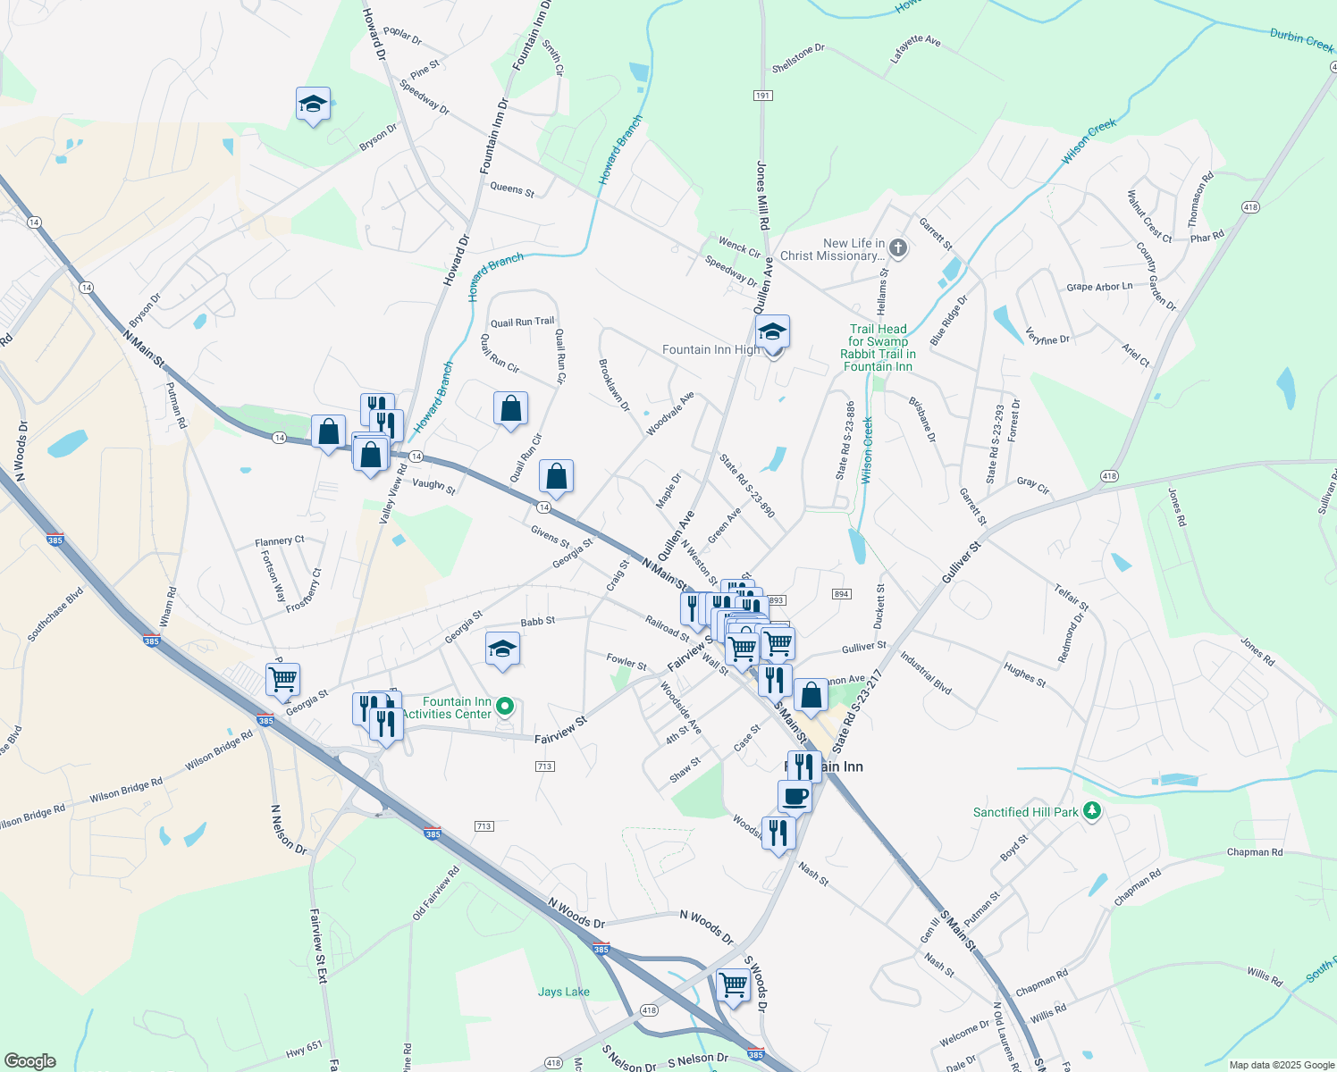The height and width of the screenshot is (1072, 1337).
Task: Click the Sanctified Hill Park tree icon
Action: point(1091,811)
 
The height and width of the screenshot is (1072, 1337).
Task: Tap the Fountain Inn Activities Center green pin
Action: point(505,707)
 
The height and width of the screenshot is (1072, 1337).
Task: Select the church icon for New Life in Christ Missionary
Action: point(899,249)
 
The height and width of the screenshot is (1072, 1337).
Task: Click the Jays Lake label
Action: point(564,992)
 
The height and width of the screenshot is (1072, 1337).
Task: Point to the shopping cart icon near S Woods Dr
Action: point(733,984)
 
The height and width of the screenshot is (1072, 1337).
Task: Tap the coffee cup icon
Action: point(795,795)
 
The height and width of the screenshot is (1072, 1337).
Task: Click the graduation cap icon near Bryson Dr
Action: point(313,105)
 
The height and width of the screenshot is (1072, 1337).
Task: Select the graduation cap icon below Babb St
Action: point(502,649)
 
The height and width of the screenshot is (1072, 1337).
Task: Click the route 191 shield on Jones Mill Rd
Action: point(762,96)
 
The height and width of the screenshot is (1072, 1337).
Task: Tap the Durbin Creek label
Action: point(1301,39)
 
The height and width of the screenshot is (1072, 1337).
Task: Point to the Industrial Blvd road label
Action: point(926,673)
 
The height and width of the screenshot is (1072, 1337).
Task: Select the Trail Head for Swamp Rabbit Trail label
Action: point(878,348)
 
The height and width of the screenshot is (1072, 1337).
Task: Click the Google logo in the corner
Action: point(30,1060)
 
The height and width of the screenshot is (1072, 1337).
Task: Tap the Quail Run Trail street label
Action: point(523,322)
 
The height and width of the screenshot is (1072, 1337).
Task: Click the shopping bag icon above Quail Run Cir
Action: point(510,408)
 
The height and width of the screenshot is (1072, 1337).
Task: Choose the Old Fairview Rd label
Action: point(436,892)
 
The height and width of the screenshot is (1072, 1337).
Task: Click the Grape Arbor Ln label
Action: point(1099,287)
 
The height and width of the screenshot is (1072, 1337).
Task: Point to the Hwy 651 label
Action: point(304,1050)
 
